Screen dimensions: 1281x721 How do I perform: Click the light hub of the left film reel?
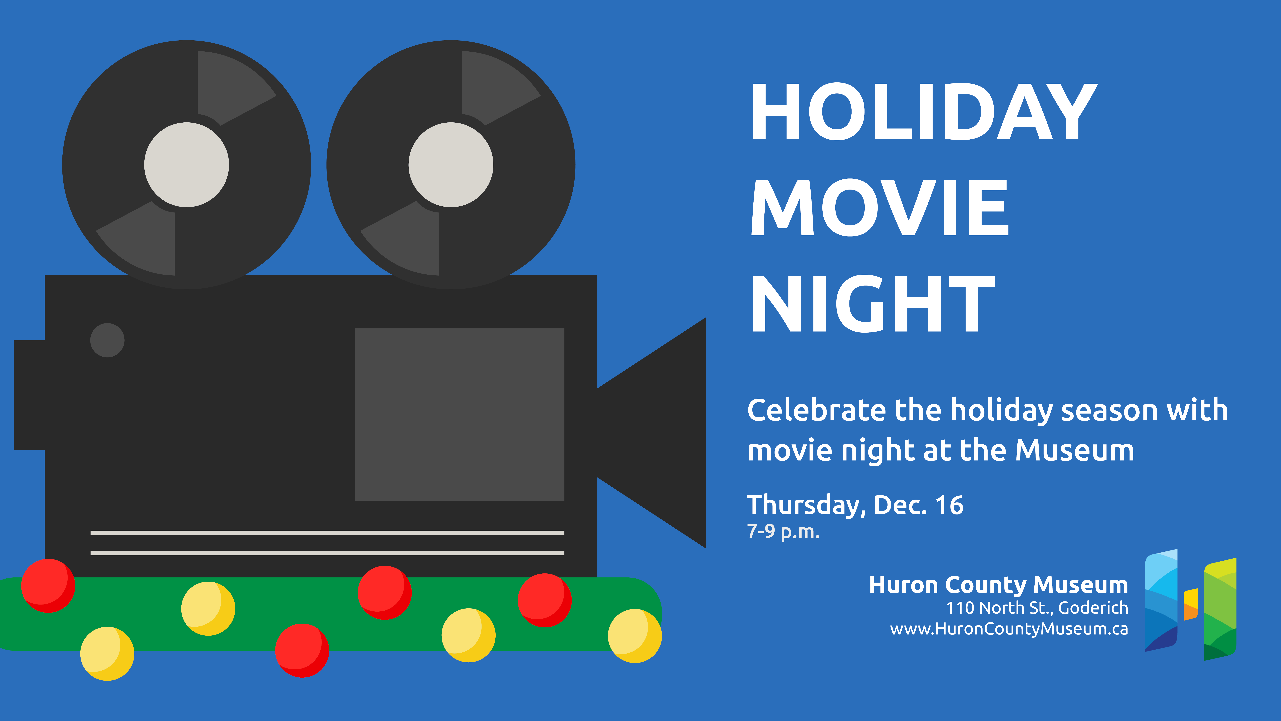[187, 165]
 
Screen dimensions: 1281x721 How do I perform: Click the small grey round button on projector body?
[107, 340]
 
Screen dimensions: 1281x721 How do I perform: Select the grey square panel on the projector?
[460, 414]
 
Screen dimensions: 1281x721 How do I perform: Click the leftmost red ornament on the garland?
[48, 586]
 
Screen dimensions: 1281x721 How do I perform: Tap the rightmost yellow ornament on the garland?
[635, 636]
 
